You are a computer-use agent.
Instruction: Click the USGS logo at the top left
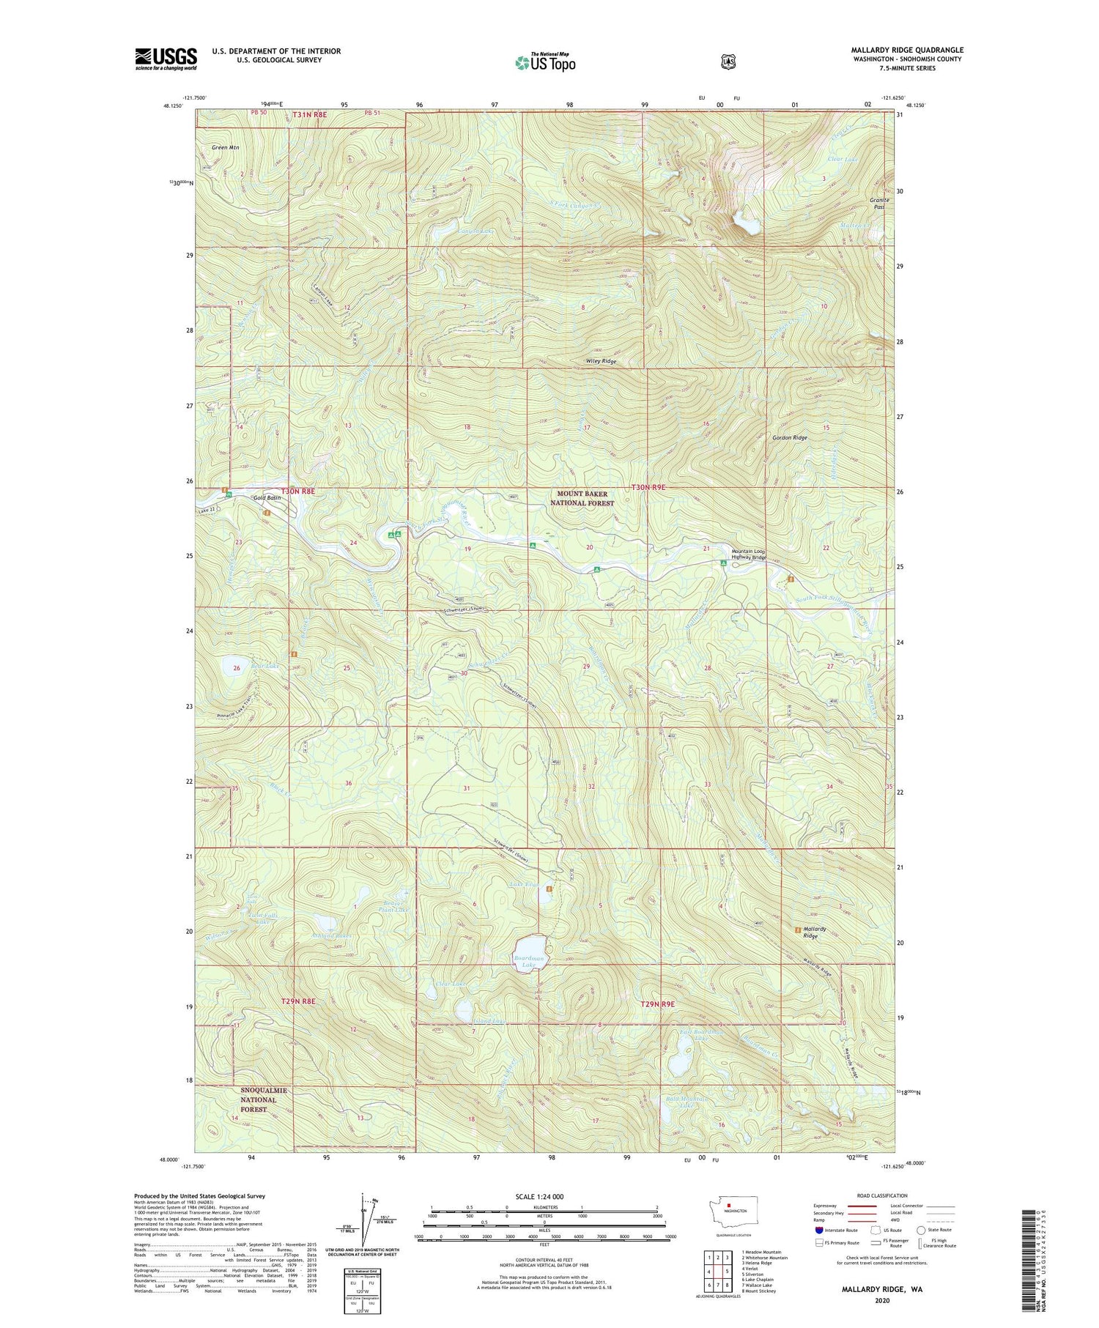[x=166, y=58]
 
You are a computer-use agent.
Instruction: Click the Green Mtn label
[x=226, y=147]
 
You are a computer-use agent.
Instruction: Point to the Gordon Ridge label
[x=789, y=437]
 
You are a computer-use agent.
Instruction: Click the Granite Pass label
[x=878, y=203]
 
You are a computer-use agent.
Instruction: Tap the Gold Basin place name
[x=267, y=498]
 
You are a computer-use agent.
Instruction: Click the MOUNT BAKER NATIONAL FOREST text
[x=582, y=499]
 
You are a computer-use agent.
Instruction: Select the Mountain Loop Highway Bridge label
[x=749, y=554]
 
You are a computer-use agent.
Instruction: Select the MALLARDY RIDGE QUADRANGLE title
[x=907, y=50]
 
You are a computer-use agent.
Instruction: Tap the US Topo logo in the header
[x=545, y=63]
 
